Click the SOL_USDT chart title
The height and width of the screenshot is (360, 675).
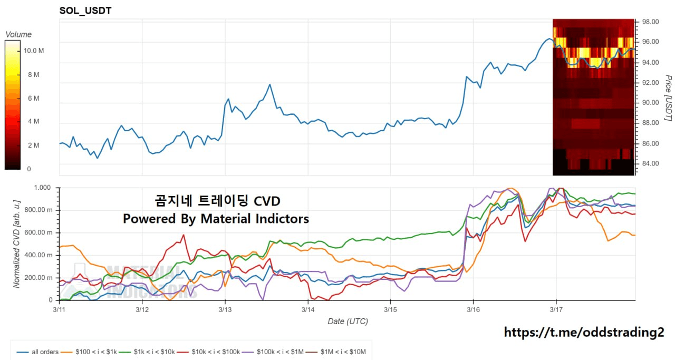[x=85, y=11]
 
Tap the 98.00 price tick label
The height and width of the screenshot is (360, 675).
[x=650, y=22]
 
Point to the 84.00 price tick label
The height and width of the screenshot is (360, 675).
[x=650, y=163]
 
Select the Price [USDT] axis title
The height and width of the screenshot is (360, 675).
[x=668, y=98]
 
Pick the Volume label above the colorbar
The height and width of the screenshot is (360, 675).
[x=18, y=34]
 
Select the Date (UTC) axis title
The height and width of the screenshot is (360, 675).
[x=348, y=321]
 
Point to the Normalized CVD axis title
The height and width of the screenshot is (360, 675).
[x=16, y=244]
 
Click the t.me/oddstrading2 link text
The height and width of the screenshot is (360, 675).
[x=584, y=332]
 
